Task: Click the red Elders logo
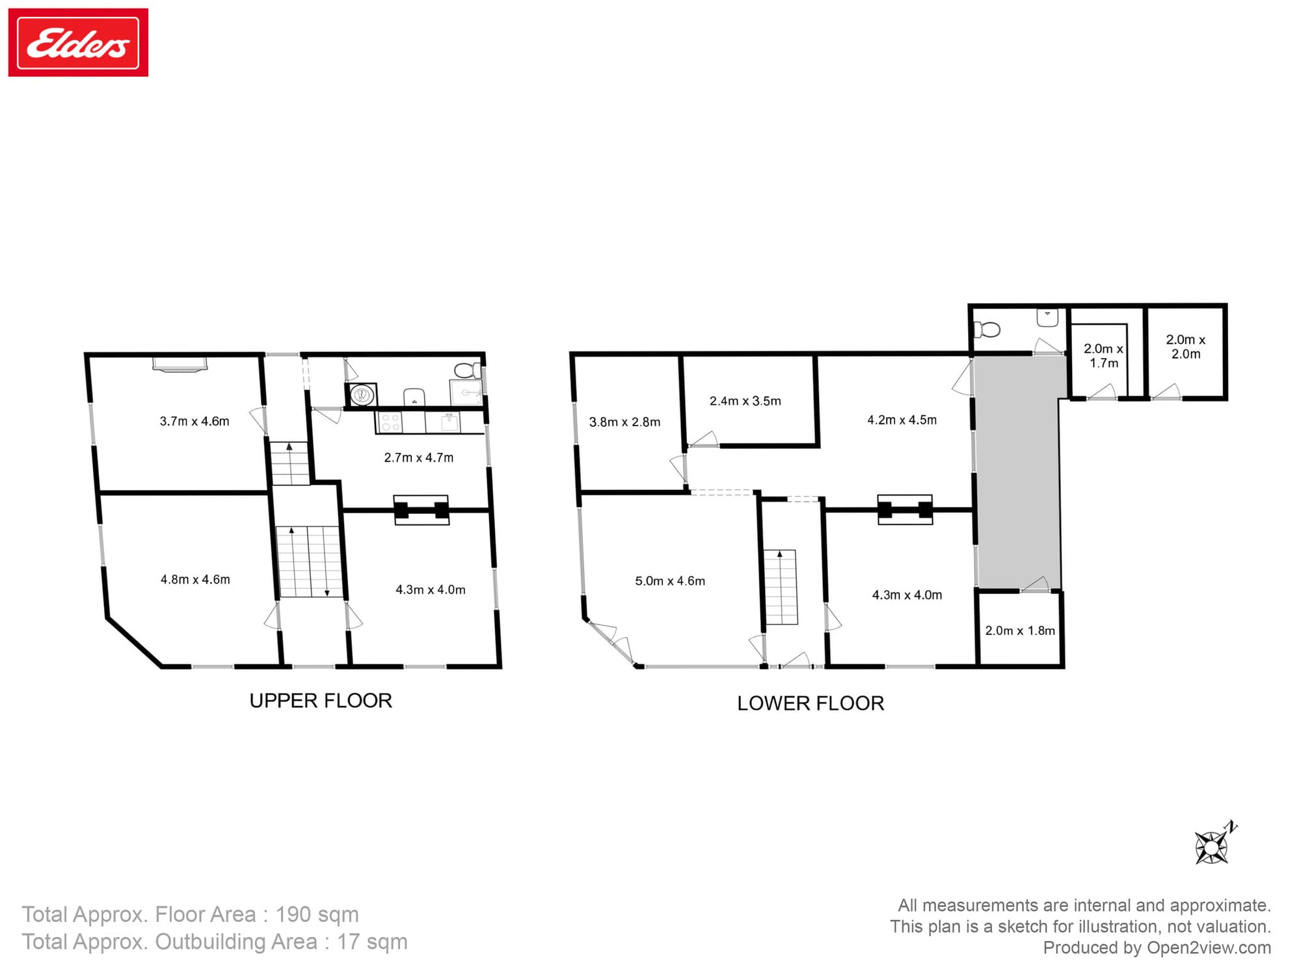point(78,43)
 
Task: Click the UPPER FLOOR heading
point(321,701)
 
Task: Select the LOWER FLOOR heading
point(811,703)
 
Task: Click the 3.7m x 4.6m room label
point(194,422)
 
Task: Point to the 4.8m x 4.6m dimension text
point(195,580)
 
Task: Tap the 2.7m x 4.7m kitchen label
point(418,458)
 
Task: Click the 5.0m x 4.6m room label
point(670,581)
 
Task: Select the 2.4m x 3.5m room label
point(745,401)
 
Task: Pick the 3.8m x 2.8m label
point(624,422)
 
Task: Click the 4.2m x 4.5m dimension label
point(902,420)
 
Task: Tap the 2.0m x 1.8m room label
point(1020,630)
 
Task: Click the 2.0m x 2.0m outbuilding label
point(1185,347)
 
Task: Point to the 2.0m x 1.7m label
point(1103,356)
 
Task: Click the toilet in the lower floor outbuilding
point(987,330)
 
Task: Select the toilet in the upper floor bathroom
point(464,371)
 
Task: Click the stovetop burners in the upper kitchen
point(390,423)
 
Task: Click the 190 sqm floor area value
point(317,915)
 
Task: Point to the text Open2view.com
point(1209,948)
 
